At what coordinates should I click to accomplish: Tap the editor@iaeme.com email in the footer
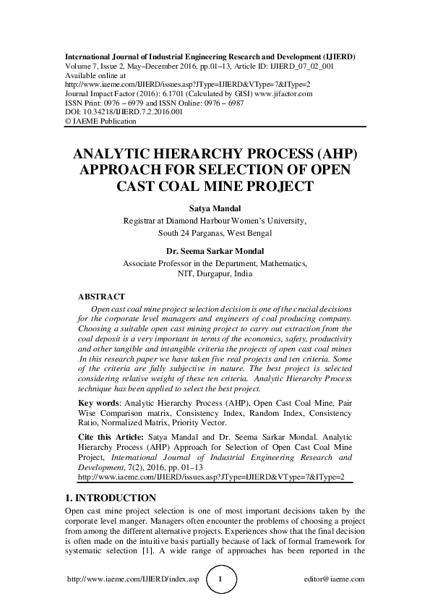pos(335,579)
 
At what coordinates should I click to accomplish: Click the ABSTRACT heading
pos(101,297)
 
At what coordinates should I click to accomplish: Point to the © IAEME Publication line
pos(100,122)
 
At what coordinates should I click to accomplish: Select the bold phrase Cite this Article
pos(110,438)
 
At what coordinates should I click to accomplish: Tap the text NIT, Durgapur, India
pos(215,275)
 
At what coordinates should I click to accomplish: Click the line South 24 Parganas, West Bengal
pos(215,233)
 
